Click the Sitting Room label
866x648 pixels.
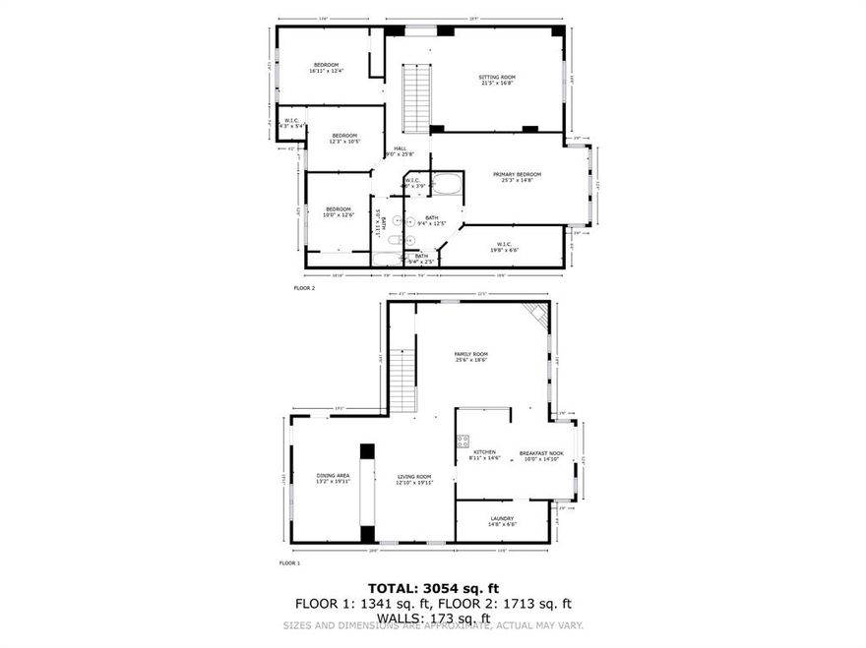[x=497, y=80]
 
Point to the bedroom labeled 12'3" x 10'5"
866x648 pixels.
[x=344, y=139]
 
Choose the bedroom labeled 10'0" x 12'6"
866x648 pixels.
[x=339, y=211]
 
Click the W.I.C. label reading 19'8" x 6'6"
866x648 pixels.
[x=503, y=247]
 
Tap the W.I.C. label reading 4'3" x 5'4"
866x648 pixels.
[x=291, y=123]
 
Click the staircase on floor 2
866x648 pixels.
[x=417, y=98]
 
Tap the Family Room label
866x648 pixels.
[x=470, y=357]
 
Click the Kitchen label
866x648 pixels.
[x=484, y=455]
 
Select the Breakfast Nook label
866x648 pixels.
[x=541, y=455]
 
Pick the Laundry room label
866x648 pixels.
[x=502, y=521]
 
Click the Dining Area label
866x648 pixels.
[x=333, y=478]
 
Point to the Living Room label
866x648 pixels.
[x=414, y=478]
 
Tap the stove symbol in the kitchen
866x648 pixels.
[x=463, y=441]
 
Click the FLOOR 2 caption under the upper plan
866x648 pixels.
[x=304, y=288]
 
